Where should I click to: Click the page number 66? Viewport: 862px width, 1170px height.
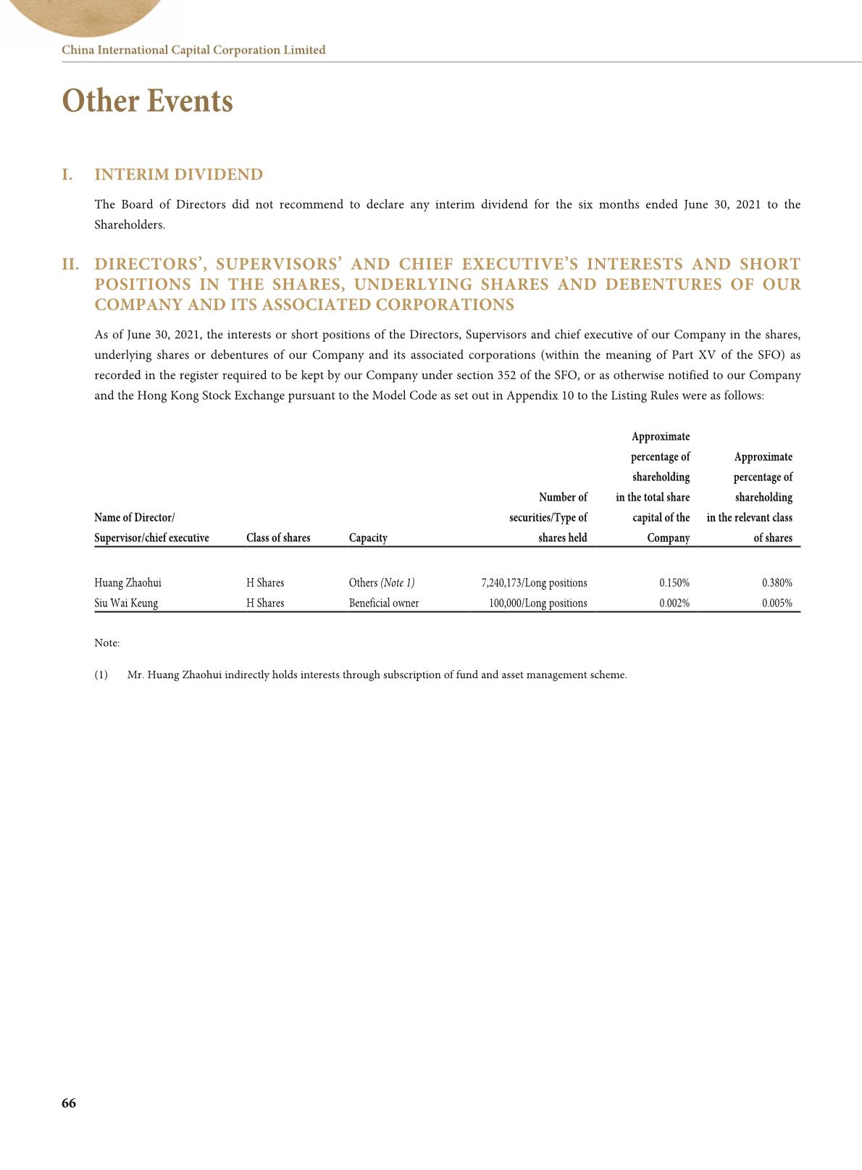pos(69,1103)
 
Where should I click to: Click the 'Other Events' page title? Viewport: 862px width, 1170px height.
pos(148,101)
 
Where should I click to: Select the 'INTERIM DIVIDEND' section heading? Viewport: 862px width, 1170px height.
pos(179,175)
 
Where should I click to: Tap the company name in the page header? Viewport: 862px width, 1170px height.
pos(193,50)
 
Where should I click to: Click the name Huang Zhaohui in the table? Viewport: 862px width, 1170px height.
pos(127,582)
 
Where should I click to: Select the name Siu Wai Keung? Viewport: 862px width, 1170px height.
pos(126,603)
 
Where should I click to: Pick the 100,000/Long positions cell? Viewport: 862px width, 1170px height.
pos(537,603)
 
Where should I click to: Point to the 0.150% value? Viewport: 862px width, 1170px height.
pos(674,582)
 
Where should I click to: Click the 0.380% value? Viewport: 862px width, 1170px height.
pos(777,582)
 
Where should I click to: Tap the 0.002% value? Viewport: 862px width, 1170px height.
pos(674,603)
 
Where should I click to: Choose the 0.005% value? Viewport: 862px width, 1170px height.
pos(777,603)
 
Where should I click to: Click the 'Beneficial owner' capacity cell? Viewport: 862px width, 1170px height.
pos(384,603)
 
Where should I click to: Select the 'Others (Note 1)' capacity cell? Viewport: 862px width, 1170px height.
pos(382,582)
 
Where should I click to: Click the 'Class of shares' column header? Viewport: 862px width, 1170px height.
pos(278,538)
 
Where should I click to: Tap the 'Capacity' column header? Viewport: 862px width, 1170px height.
pos(368,538)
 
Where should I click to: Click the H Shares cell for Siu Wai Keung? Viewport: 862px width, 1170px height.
pos(265,603)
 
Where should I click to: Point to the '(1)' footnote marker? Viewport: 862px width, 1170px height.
pos(101,674)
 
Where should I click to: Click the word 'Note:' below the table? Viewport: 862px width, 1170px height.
pos(107,643)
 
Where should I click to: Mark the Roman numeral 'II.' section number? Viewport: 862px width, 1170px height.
pos(70,264)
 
